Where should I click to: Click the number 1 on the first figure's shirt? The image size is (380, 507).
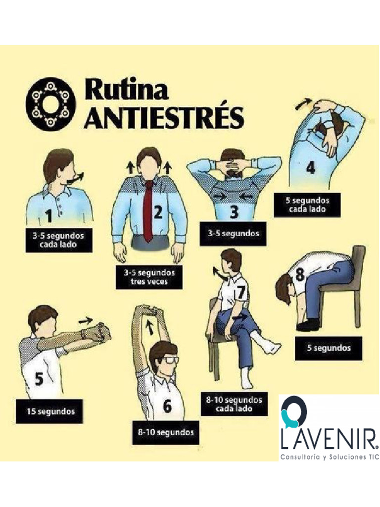pyautogui.click(x=49, y=215)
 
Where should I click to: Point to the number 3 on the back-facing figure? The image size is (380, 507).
pyautogui.click(x=234, y=212)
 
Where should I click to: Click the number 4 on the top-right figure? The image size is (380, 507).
pyautogui.click(x=310, y=168)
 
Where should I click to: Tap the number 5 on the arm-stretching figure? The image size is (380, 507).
pyautogui.click(x=39, y=379)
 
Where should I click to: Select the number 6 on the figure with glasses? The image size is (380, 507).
pyautogui.click(x=167, y=406)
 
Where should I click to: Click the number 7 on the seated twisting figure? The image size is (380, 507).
pyautogui.click(x=241, y=292)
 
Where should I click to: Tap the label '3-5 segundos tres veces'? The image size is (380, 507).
pyautogui.click(x=149, y=277)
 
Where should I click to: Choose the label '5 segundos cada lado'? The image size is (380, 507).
pyautogui.click(x=307, y=205)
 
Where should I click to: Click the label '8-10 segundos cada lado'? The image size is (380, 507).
pyautogui.click(x=234, y=404)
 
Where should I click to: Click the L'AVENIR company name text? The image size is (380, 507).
pyautogui.click(x=329, y=439)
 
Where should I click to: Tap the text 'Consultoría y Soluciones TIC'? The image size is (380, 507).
pyautogui.click(x=329, y=457)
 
